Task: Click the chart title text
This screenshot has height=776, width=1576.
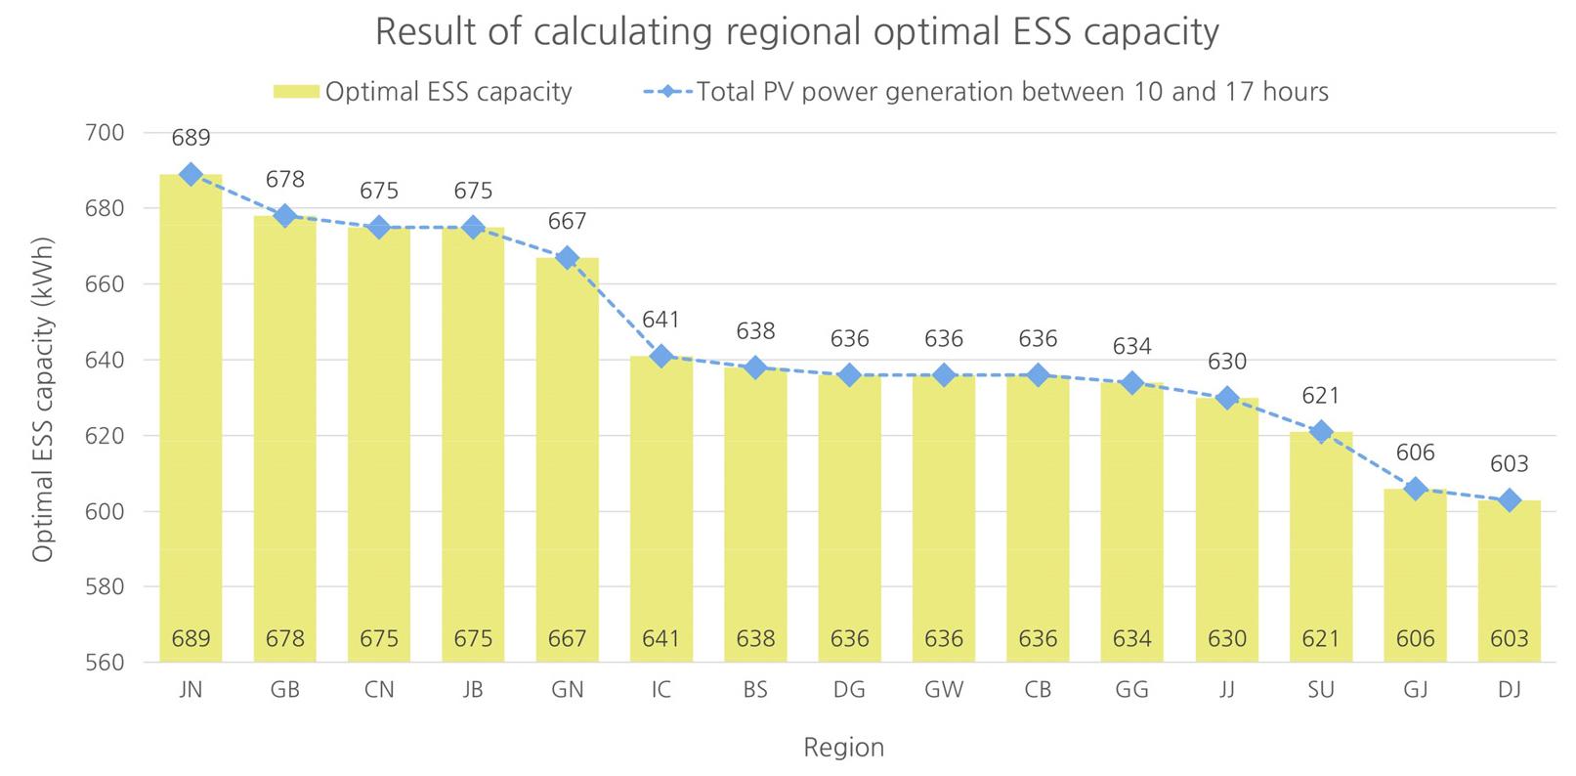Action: [796, 32]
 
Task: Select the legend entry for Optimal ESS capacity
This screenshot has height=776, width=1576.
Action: [422, 92]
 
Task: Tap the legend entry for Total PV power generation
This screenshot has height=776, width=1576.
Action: [986, 92]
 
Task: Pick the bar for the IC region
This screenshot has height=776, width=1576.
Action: [661, 508]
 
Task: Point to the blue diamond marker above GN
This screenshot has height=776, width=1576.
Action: [568, 258]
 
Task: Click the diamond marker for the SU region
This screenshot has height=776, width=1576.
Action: [1321, 432]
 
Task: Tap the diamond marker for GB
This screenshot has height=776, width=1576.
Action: [284, 216]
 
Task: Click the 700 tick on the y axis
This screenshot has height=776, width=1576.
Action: [106, 133]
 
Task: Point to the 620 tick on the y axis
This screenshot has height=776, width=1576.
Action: [106, 436]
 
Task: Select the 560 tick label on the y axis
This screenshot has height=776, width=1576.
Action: [106, 663]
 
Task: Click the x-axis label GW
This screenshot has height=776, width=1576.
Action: [943, 690]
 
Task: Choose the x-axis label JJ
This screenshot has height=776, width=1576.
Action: [1226, 690]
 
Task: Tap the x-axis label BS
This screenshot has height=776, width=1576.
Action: [755, 690]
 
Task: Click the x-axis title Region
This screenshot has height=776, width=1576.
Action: [843, 748]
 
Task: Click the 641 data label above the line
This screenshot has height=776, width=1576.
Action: [661, 320]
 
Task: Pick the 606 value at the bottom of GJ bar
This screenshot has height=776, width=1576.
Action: [1415, 639]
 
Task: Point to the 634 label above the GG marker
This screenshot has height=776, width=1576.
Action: [1131, 347]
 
